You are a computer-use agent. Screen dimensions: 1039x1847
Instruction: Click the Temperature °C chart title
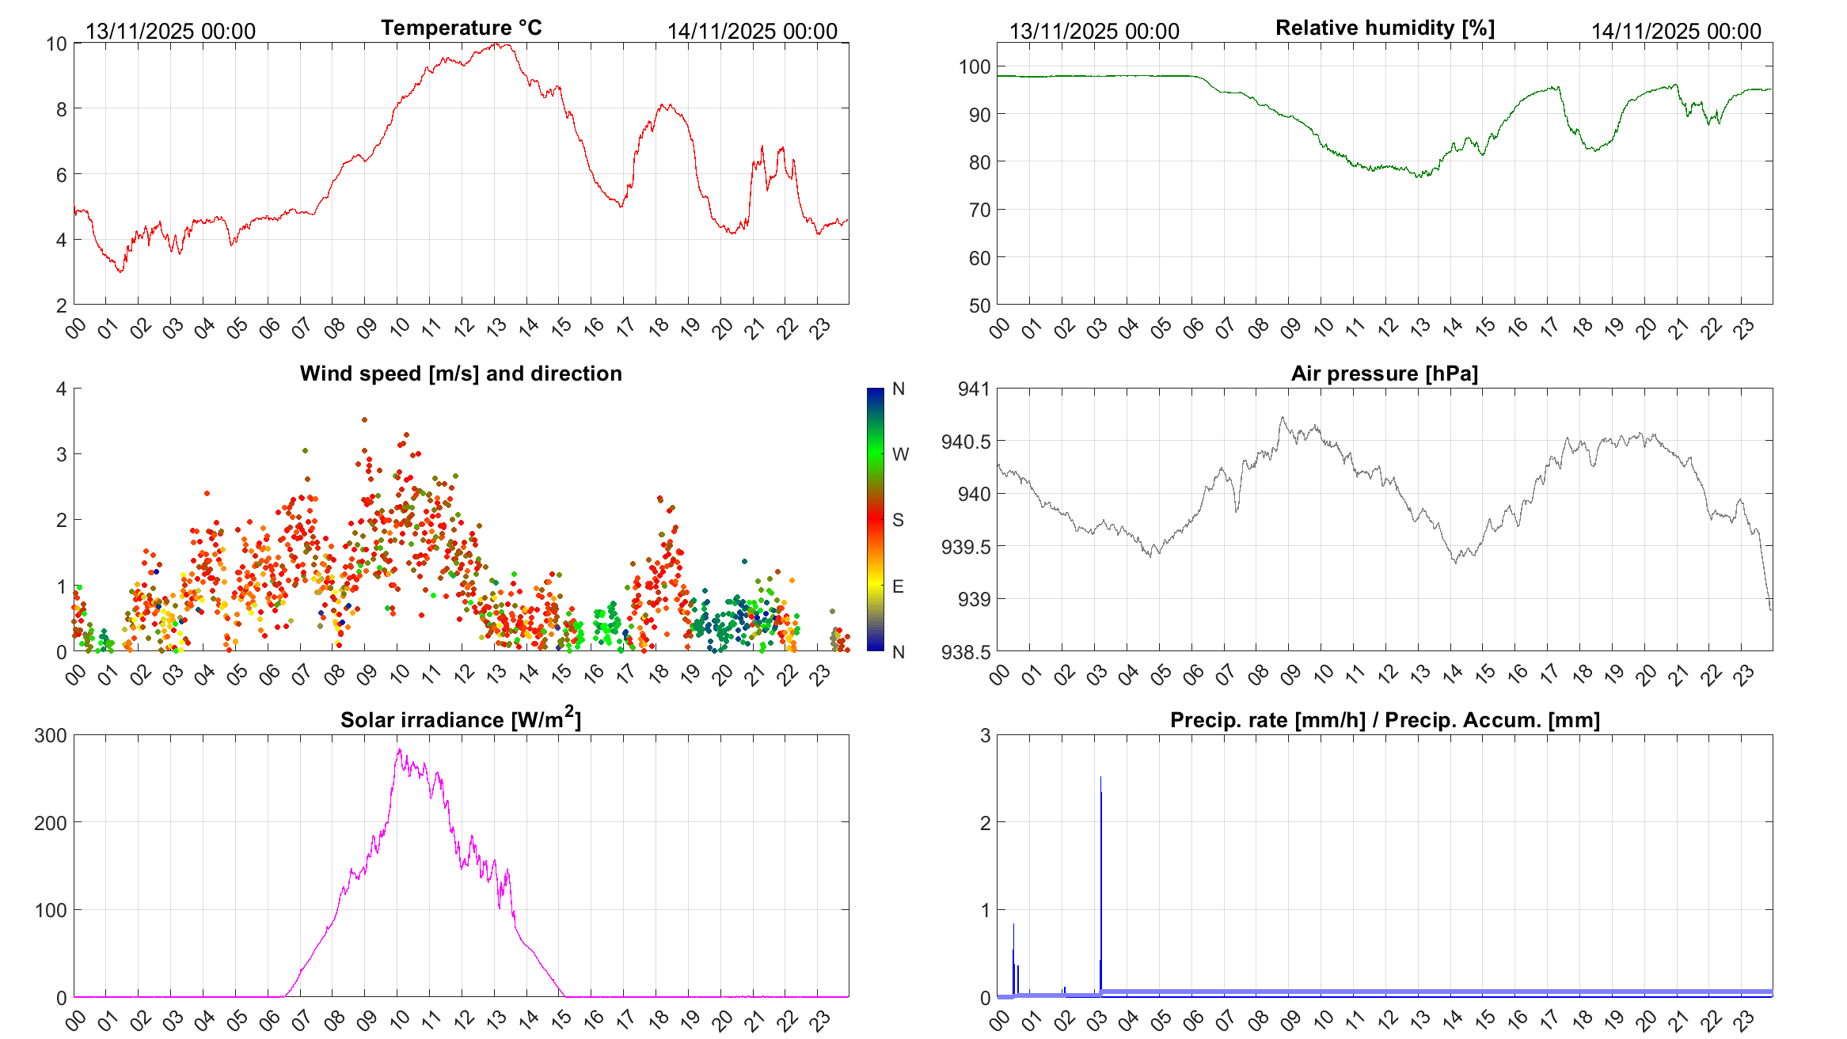462,28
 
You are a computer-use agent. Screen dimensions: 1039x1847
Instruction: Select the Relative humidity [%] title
1385,28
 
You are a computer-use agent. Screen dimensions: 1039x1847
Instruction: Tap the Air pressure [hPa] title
1384,374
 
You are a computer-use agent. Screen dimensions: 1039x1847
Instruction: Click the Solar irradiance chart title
461,719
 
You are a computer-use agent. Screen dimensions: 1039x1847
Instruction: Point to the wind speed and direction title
461,374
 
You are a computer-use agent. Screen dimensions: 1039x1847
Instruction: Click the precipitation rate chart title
1385,720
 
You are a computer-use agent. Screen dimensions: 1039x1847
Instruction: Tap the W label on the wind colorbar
900,454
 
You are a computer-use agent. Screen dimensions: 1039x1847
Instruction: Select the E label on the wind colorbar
898,586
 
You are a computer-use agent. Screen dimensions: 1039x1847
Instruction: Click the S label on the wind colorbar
898,520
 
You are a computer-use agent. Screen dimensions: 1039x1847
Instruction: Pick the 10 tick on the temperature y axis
56,44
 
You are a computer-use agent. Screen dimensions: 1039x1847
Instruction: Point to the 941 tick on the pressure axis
974,389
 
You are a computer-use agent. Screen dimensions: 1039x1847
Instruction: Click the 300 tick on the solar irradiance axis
51,735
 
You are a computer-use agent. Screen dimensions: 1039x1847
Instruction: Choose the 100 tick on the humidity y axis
975,67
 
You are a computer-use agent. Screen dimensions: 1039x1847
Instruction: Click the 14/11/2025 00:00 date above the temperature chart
752,32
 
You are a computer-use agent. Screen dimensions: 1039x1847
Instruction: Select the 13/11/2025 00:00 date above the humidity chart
1094,32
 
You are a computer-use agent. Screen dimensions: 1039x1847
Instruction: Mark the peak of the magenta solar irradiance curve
399,750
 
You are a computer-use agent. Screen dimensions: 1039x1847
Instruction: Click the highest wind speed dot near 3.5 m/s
364,420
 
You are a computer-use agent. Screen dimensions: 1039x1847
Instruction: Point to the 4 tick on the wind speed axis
62,389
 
